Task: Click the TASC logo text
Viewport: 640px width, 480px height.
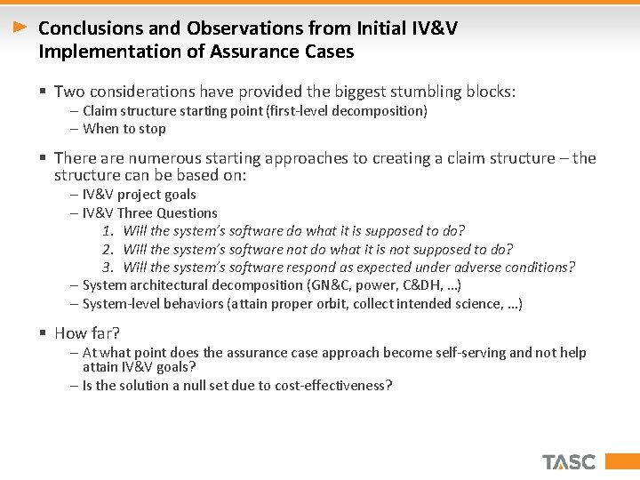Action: pyautogui.click(x=569, y=461)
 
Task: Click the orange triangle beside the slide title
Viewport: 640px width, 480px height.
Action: pyautogui.click(x=20, y=28)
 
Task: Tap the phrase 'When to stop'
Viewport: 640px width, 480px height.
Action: pyautogui.click(x=124, y=129)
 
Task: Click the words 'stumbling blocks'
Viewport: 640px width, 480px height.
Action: pyautogui.click(x=452, y=91)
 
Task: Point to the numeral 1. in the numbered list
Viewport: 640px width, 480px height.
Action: pyautogui.click(x=107, y=231)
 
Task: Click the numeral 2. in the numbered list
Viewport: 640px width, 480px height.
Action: pyautogui.click(x=107, y=249)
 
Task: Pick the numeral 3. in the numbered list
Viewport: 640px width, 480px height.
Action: pyautogui.click(x=107, y=267)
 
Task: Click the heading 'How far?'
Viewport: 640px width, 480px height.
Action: pyautogui.click(x=87, y=333)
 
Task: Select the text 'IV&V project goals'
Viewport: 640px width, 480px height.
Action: pyautogui.click(x=139, y=195)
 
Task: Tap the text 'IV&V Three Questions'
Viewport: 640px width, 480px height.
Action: pyautogui.click(x=149, y=212)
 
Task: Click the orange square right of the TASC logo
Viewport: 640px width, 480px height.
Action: pyautogui.click(x=612, y=461)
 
